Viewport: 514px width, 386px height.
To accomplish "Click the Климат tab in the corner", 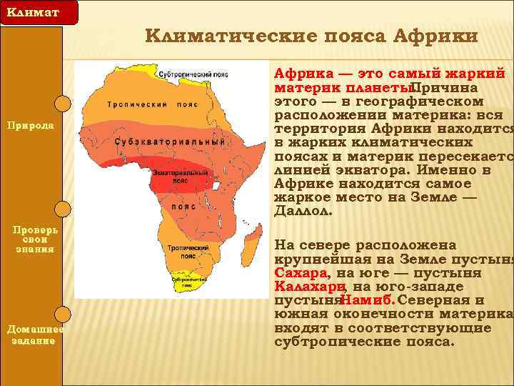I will [29, 12].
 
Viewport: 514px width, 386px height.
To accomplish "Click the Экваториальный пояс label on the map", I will [184, 177].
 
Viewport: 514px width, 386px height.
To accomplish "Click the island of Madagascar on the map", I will [252, 242].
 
